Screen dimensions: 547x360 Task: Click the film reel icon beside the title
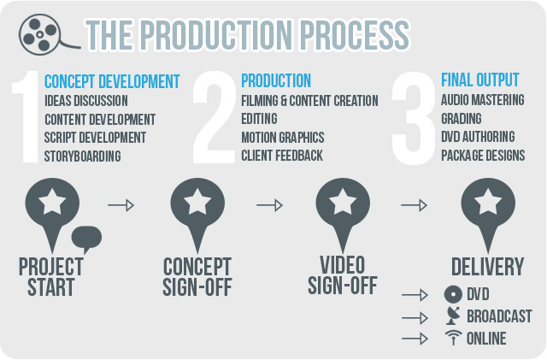(40, 34)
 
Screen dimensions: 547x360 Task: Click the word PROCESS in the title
(355, 35)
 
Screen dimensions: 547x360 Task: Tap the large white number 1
(26, 116)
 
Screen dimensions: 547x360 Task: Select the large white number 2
(214, 117)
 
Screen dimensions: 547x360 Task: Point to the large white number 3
(414, 118)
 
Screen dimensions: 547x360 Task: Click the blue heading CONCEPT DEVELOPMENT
(112, 82)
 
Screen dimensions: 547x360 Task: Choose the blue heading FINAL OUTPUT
(480, 80)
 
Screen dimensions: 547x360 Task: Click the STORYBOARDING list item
(83, 156)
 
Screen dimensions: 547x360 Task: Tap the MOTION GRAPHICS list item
(283, 137)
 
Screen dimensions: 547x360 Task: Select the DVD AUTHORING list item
(478, 137)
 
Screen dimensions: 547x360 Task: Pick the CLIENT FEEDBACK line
(282, 156)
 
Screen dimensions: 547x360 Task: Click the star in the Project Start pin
(52, 202)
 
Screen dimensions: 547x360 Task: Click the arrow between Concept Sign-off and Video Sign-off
(269, 205)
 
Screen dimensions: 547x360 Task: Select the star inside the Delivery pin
(488, 202)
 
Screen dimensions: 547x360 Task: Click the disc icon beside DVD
(453, 294)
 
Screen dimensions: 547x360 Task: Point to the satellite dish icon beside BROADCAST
(453, 316)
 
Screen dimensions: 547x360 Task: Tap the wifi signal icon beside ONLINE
(453, 338)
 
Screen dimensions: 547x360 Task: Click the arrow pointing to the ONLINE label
(415, 339)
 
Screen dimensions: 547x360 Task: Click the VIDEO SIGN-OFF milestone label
(343, 275)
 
